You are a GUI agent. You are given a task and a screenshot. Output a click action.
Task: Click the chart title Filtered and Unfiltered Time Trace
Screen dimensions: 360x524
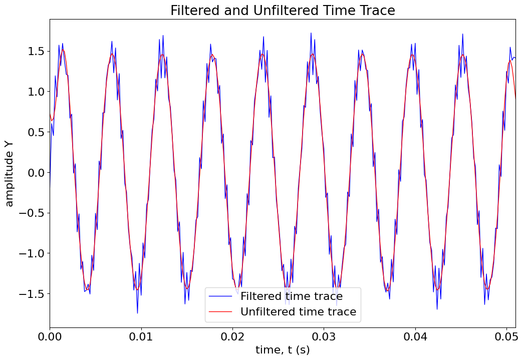[x=283, y=11]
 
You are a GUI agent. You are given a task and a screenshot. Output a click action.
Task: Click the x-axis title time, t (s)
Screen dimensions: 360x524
[x=283, y=350]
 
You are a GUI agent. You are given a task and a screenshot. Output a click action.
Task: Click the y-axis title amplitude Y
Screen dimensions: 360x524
[x=10, y=173]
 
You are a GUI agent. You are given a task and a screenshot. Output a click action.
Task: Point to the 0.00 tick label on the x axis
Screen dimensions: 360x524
[x=50, y=335]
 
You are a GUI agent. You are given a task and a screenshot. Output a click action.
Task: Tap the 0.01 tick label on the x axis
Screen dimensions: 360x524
[x=141, y=335]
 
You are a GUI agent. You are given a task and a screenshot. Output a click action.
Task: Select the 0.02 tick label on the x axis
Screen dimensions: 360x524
[x=232, y=335]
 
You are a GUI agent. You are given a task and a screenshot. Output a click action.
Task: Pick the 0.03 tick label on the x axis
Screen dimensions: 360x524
[x=324, y=335]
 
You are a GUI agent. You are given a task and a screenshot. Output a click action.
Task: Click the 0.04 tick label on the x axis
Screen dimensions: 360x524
[x=415, y=335]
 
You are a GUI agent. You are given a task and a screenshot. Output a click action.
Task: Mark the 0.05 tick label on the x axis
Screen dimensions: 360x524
[x=506, y=335]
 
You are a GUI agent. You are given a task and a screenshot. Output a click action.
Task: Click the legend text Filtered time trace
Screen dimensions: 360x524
[x=292, y=296]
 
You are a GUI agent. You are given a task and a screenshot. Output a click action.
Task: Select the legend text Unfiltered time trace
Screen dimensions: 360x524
[x=298, y=312]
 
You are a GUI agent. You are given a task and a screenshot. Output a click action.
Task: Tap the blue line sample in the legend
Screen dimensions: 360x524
[x=221, y=296]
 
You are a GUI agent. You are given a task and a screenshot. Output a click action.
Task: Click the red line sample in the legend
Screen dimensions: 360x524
[x=221, y=312]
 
